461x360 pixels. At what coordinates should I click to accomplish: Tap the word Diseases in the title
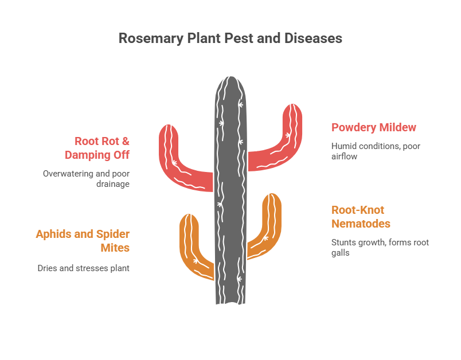pyautogui.click(x=313, y=38)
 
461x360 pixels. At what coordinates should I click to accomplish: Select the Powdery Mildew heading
pyautogui.click(x=374, y=127)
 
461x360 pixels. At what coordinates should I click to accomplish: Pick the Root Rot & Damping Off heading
pyautogui.click(x=102, y=147)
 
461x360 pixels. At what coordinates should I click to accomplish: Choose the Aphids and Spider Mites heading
pyautogui.click(x=83, y=241)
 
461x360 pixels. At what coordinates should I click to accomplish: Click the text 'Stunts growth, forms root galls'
pyautogui.click(x=380, y=247)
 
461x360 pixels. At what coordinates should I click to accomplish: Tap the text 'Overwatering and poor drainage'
pyautogui.click(x=86, y=178)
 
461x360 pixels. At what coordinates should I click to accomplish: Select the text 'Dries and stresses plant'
pyautogui.click(x=84, y=268)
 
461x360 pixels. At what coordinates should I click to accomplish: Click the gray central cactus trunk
pyautogui.click(x=230, y=189)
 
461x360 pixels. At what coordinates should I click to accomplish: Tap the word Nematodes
pyautogui.click(x=361, y=224)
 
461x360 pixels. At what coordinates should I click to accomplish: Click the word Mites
pyautogui.click(x=115, y=248)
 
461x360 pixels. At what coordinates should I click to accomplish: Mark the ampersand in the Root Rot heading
pyautogui.click(x=125, y=141)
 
